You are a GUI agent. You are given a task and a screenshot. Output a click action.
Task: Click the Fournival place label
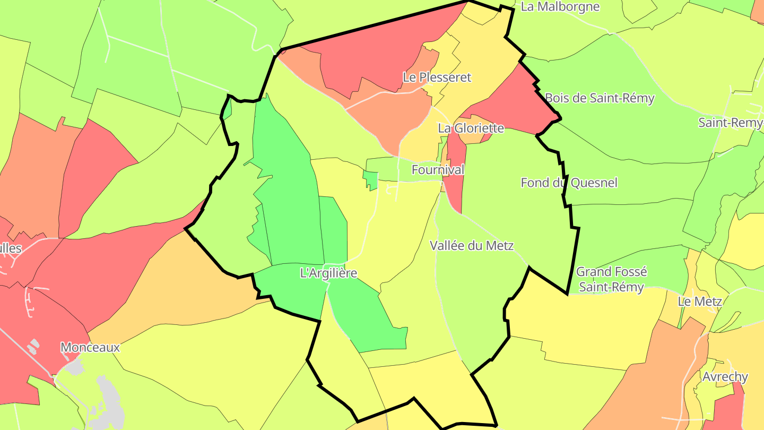[x=438, y=170]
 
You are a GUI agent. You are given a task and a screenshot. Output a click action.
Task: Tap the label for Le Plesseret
[x=437, y=77]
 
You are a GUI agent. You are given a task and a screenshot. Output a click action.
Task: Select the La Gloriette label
[x=471, y=128]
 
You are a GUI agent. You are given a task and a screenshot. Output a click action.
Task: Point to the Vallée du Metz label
[x=472, y=245]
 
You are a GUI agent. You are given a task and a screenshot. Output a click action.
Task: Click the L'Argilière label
[x=328, y=273]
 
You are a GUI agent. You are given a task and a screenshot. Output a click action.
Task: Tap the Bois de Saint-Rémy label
[x=600, y=98]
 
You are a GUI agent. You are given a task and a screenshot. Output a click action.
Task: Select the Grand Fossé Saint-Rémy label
[x=611, y=279]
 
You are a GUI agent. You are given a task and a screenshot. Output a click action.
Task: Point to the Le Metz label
[x=700, y=302]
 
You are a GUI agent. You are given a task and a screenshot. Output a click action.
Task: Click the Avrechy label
[x=725, y=377]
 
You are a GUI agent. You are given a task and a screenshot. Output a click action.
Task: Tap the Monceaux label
[x=90, y=348]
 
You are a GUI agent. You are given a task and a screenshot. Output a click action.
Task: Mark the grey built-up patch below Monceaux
[x=109, y=403]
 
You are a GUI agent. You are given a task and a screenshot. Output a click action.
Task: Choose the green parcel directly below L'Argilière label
[x=366, y=319]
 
